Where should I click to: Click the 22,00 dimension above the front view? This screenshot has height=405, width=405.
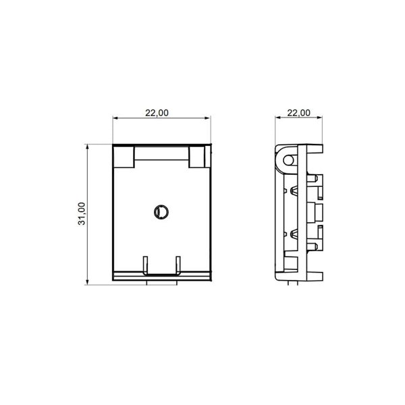(x=157, y=113)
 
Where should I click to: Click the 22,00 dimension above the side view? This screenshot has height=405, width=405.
(x=299, y=113)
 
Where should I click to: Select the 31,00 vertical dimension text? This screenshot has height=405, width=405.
(x=82, y=213)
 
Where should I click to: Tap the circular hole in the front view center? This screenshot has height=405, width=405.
(x=161, y=212)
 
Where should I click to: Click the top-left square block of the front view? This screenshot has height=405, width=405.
(x=124, y=157)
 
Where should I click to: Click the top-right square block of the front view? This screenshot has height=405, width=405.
(x=198, y=157)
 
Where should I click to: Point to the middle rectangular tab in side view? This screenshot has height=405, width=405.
(x=316, y=213)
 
